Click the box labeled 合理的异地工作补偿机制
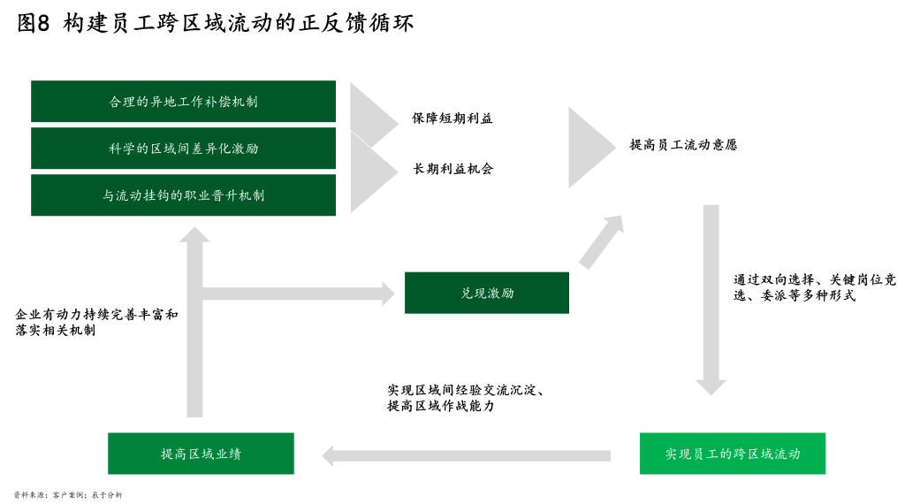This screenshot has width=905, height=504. [183, 102]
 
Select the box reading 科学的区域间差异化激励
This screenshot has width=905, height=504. [183, 149]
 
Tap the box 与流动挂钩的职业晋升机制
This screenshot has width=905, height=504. [183, 195]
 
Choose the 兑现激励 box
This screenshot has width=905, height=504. [487, 293]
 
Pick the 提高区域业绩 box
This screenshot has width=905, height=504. [201, 454]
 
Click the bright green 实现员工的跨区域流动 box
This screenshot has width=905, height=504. [733, 454]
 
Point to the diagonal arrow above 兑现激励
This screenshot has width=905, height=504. [602, 241]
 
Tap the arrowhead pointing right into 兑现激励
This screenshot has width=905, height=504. [388, 294]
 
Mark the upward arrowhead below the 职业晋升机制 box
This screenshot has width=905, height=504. [194, 234]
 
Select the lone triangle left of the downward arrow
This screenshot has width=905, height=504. [589, 148]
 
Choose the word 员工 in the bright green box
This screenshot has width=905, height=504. [698, 454]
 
